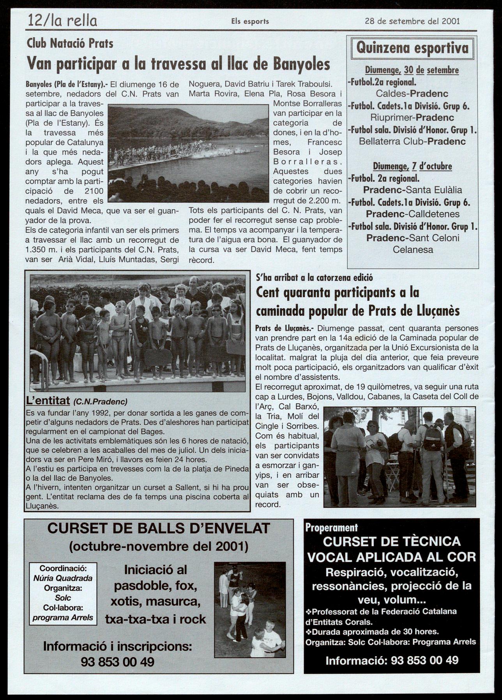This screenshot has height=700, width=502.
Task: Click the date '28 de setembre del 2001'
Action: [x=412, y=21]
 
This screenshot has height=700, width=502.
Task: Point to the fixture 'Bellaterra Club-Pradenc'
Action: [x=412, y=141]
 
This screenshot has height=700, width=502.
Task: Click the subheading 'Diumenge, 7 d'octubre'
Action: [x=412, y=167]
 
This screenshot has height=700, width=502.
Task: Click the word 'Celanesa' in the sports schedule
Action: [x=413, y=250]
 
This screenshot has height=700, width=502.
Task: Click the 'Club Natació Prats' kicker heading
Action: [x=70, y=44]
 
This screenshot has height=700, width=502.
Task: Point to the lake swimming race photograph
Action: [x=188, y=153]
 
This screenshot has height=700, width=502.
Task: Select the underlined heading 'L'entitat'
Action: [x=48, y=401]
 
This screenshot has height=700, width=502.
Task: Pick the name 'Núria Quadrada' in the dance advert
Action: [x=63, y=578]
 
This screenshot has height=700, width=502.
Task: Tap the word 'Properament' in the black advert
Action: [x=331, y=528]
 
